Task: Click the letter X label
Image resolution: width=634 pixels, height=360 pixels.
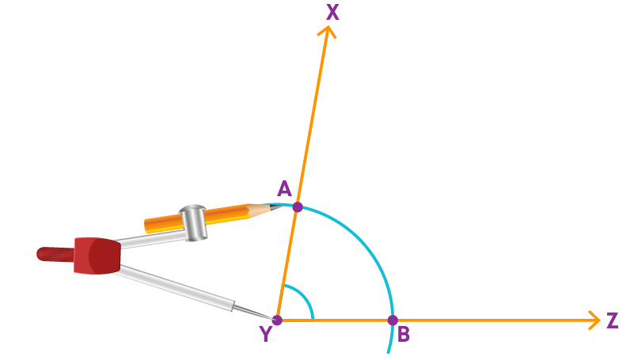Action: point(332,12)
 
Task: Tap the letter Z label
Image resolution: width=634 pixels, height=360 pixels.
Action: point(612,320)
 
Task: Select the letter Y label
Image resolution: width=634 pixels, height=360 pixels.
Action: point(266,334)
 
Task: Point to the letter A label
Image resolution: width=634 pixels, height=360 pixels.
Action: point(284,188)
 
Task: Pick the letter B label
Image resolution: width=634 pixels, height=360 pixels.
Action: point(403,334)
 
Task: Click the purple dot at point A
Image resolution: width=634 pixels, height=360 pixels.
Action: point(298,207)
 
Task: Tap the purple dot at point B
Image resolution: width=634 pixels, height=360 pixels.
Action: point(393,320)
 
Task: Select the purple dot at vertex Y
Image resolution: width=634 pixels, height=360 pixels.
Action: point(277,320)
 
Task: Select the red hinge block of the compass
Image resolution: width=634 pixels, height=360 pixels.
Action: point(97,256)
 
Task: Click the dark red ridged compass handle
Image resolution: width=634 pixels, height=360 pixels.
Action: point(55,255)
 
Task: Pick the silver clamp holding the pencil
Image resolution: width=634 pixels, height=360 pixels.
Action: point(194,223)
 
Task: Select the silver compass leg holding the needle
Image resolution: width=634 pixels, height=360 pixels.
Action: point(174,287)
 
